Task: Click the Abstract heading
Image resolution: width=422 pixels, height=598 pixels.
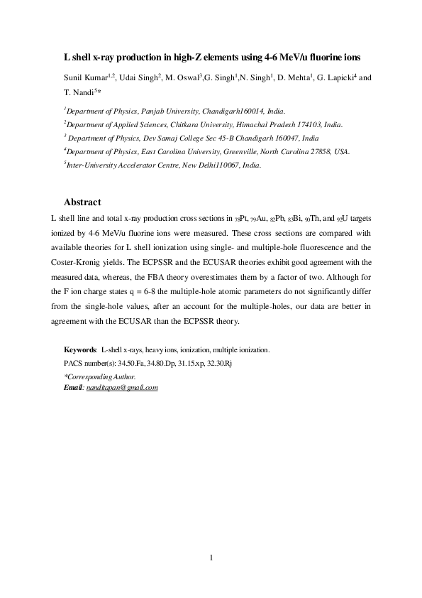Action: click(82, 202)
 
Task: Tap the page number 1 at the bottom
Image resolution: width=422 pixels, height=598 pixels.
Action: click(211, 557)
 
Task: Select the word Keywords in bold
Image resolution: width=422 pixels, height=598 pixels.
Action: click(80, 351)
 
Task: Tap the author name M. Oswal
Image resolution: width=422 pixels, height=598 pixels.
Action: click(180, 77)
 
